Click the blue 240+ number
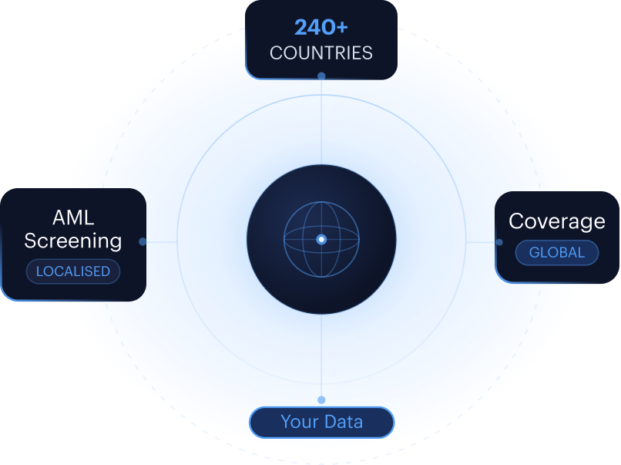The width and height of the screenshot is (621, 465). [x=321, y=27]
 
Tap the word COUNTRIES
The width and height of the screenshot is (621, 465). [x=321, y=53]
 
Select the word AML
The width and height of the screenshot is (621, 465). [x=73, y=217]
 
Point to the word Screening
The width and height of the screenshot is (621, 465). [x=73, y=241]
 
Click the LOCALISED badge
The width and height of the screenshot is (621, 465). [x=73, y=271]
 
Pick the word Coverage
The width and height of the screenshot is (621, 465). [x=557, y=221]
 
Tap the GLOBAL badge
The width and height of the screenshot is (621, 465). [x=557, y=252]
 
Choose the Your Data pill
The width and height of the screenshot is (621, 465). [x=321, y=423]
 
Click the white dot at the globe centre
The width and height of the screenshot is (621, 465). [x=321, y=239]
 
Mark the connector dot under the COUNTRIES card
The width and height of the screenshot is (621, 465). [x=321, y=76]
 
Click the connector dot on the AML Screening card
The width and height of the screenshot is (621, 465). [x=143, y=241]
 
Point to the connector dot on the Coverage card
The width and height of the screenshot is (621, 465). [x=499, y=242]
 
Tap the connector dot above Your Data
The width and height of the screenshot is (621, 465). [x=321, y=400]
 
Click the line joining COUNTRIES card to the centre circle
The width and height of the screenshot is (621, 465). [x=321, y=122]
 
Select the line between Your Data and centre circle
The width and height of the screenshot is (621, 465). [x=321, y=355]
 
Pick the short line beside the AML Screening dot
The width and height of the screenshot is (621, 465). [x=162, y=242]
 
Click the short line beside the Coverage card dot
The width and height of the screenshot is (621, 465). [x=481, y=242]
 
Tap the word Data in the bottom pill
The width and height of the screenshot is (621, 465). [x=344, y=422]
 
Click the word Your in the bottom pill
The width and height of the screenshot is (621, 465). [x=300, y=422]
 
